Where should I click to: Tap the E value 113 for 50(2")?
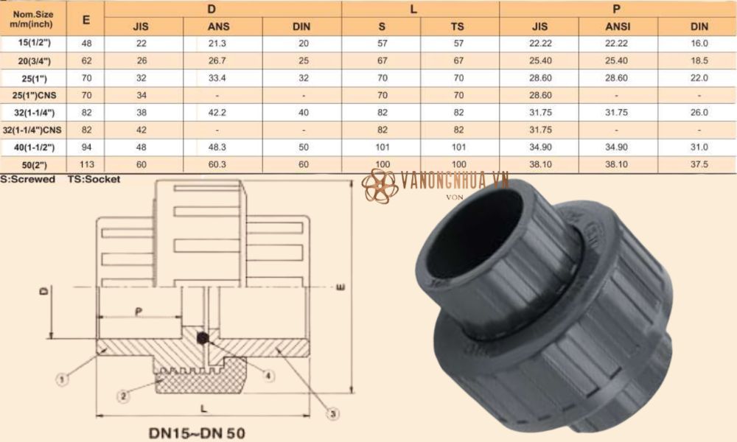[86, 164]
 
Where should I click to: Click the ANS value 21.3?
[222, 43]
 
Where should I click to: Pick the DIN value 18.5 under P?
[699, 60]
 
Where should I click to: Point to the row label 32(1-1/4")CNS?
[33, 130]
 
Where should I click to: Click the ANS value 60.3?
[222, 164]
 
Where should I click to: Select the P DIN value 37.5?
[699, 164]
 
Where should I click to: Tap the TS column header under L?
[460, 27]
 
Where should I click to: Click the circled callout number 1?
[63, 379]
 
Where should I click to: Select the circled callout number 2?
[123, 396]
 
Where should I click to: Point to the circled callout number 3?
[333, 415]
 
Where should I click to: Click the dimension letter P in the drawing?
[138, 312]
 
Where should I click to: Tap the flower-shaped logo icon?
[380, 186]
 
